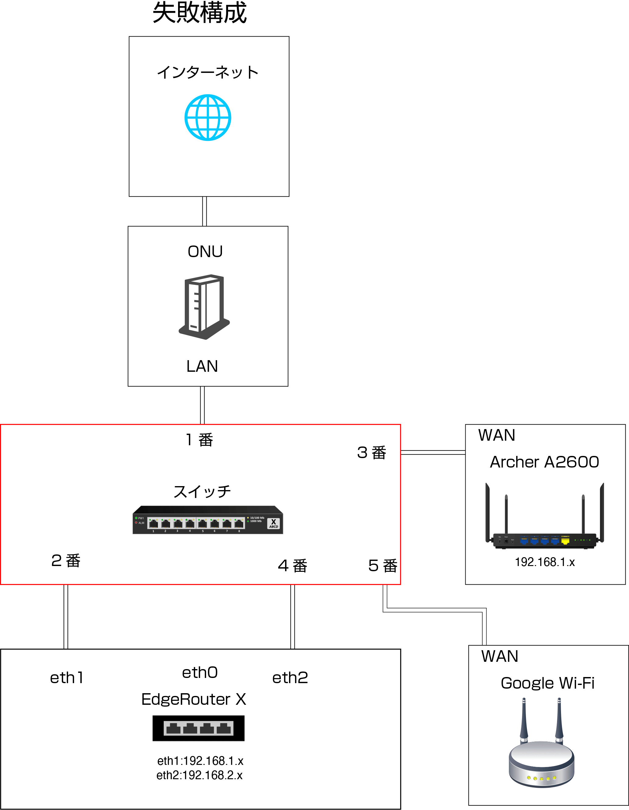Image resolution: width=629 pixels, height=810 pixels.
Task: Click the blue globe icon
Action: click(208, 118)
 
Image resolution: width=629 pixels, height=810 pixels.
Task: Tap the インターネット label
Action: click(208, 72)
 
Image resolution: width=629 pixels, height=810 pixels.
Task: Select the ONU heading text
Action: click(205, 252)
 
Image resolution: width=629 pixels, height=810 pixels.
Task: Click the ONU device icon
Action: click(204, 307)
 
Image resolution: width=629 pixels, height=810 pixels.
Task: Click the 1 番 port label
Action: click(199, 440)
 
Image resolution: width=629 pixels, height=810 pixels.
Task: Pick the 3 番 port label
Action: click(372, 453)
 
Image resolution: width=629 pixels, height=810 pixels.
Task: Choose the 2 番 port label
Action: click(66, 561)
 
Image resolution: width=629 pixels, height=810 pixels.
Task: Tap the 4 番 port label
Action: click(293, 566)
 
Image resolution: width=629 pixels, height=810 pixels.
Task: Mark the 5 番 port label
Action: click(383, 566)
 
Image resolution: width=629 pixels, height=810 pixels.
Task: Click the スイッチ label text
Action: click(202, 492)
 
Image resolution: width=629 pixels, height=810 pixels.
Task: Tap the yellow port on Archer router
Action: click(565, 541)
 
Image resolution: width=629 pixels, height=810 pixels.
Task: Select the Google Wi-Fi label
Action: click(547, 683)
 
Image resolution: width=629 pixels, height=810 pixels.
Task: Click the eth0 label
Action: click(200, 673)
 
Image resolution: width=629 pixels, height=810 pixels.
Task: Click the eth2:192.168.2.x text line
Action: click(199, 776)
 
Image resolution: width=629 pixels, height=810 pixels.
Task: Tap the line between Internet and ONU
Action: click(204, 211)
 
